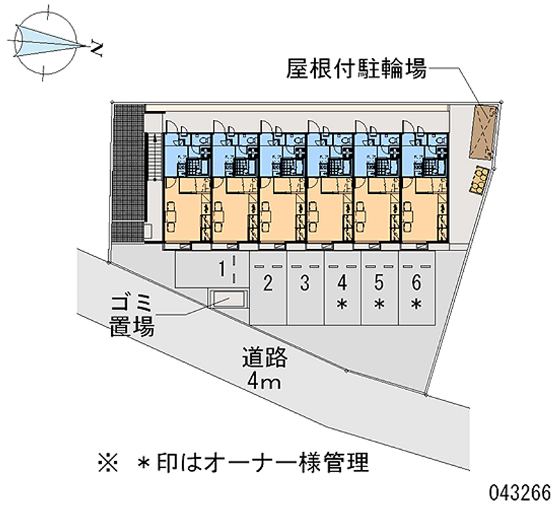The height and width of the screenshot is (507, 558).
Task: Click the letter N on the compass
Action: click(x=96, y=50)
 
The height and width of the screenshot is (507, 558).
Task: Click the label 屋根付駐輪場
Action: click(x=356, y=68)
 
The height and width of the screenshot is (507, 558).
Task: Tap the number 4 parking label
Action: click(x=342, y=282)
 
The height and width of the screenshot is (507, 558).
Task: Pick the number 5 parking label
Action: click(x=379, y=282)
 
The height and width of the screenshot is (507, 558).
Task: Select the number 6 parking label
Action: click(x=416, y=282)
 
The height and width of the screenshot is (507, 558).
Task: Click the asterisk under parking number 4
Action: click(x=342, y=305)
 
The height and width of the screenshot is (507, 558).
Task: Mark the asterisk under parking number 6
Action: click(x=416, y=305)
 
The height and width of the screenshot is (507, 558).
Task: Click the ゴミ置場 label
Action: click(x=132, y=316)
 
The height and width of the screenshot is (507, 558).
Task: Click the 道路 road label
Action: click(x=265, y=357)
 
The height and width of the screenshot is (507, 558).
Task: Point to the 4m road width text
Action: click(x=264, y=381)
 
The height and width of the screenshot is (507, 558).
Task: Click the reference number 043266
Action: click(x=520, y=493)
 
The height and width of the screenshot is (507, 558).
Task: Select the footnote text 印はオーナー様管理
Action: click(x=263, y=463)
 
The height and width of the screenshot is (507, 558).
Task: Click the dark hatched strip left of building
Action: click(x=128, y=174)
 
